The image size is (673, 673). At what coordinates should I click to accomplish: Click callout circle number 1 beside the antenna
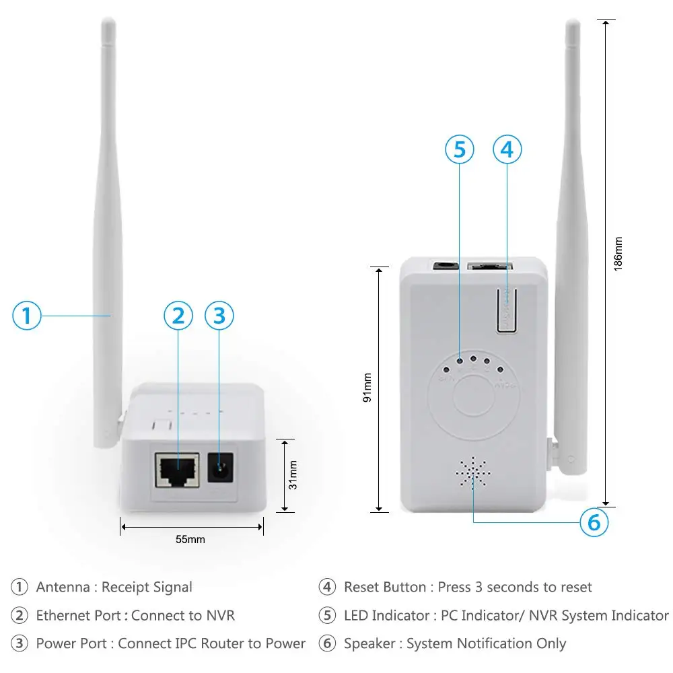[x=27, y=315]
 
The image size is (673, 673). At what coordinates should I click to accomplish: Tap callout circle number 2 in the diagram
[x=178, y=315]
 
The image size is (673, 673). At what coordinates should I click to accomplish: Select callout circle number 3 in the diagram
[x=219, y=315]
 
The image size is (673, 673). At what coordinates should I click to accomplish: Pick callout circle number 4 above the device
[x=507, y=149]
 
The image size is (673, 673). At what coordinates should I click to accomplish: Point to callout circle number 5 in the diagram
[x=459, y=149]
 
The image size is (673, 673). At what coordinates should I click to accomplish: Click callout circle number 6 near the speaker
[x=594, y=522]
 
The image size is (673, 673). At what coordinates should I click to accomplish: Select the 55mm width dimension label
[x=190, y=539]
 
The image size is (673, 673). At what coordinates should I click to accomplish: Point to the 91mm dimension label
[x=367, y=388]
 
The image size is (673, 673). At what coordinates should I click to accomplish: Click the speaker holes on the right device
[x=473, y=473]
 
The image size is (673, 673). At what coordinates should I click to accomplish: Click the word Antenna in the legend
[x=63, y=587]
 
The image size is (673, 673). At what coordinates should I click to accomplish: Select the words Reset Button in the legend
[x=384, y=587]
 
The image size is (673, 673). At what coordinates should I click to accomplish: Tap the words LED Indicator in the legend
[x=386, y=615]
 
